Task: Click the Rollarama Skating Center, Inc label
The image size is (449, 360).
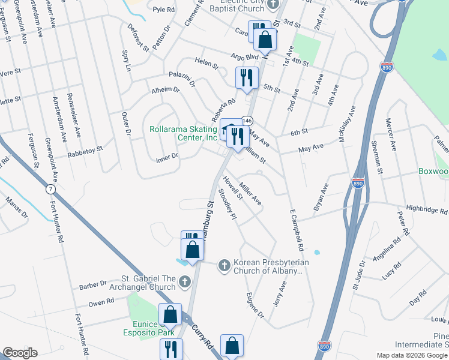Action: pos(183,133)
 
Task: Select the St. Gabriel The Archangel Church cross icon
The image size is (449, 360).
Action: pos(185,281)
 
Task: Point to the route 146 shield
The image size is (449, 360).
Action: pos(246,121)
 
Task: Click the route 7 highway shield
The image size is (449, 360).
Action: pos(49,189)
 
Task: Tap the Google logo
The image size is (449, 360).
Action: pos(20,353)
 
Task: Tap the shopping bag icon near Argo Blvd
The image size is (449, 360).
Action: pos(265,40)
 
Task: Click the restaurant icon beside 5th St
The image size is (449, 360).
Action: pos(246,77)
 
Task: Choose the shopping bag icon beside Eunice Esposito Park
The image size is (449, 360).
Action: pos(170,314)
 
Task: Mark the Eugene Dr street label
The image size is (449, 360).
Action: pos(255,305)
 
